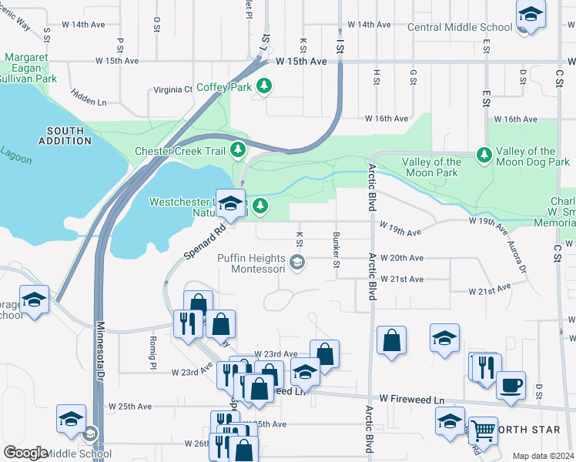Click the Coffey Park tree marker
(265, 86)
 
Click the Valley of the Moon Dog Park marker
(484, 156)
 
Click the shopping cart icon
(484, 429)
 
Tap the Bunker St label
(336, 249)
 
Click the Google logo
(25, 453)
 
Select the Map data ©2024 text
(542, 456)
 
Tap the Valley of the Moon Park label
(432, 167)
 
